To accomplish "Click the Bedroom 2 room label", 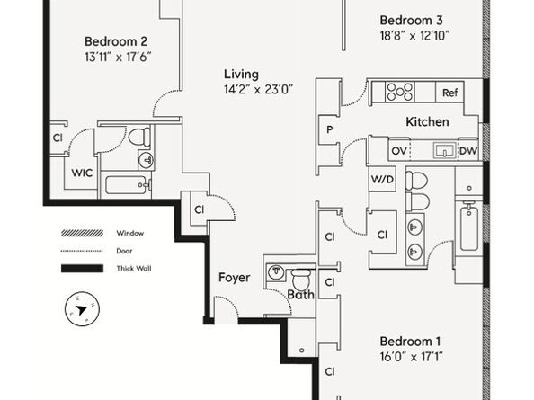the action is point(116,41).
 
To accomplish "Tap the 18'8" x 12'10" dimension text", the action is point(414,35).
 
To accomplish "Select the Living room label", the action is point(241,75).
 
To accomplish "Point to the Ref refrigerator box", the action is point(449,93).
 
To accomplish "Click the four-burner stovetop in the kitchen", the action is point(400,92).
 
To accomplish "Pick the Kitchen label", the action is point(427,122).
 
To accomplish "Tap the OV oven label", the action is point(399,151).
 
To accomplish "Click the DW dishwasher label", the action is point(468,151).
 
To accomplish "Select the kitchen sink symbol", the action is point(444,150).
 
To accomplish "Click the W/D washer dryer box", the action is point(382,179).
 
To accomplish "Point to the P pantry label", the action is point(329,129).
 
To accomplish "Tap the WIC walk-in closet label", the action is point(82,173).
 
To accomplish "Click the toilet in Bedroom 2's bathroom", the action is point(139,137).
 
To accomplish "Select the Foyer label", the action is point(234,278).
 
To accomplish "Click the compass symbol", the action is point(82,309).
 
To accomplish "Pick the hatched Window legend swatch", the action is point(82,233).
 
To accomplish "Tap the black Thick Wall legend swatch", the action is point(82,269).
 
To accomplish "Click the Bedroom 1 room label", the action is point(410,341).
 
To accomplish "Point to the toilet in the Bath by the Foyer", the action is point(301,280).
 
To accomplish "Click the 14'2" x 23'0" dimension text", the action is point(258,89).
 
